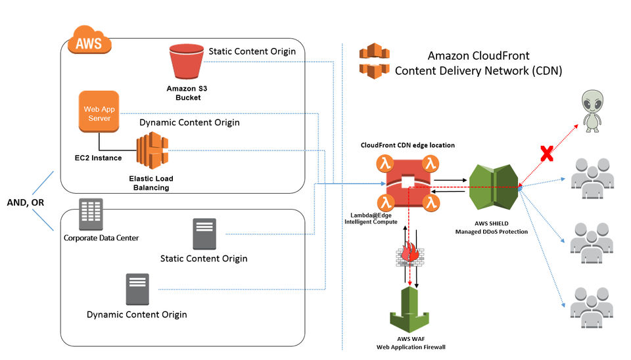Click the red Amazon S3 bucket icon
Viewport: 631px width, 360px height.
(186, 61)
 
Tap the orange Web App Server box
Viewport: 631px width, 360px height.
(99, 112)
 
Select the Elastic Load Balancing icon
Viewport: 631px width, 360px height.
(152, 150)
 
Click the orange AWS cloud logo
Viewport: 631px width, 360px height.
(89, 40)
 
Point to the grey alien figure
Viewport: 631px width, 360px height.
(592, 111)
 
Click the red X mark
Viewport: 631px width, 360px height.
(546, 153)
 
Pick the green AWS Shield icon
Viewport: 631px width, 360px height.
(494, 187)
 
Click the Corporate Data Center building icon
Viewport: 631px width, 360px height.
(91, 214)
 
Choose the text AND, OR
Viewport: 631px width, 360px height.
(26, 202)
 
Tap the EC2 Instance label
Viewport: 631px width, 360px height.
(98, 158)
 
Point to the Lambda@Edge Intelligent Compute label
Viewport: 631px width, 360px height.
(371, 218)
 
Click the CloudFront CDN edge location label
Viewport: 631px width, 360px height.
(408, 145)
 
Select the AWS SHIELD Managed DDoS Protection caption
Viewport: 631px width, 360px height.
(492, 228)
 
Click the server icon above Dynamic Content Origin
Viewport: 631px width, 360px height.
(137, 289)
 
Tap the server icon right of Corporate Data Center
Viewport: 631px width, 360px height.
(204, 234)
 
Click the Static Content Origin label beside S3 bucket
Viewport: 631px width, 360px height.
(252, 51)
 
